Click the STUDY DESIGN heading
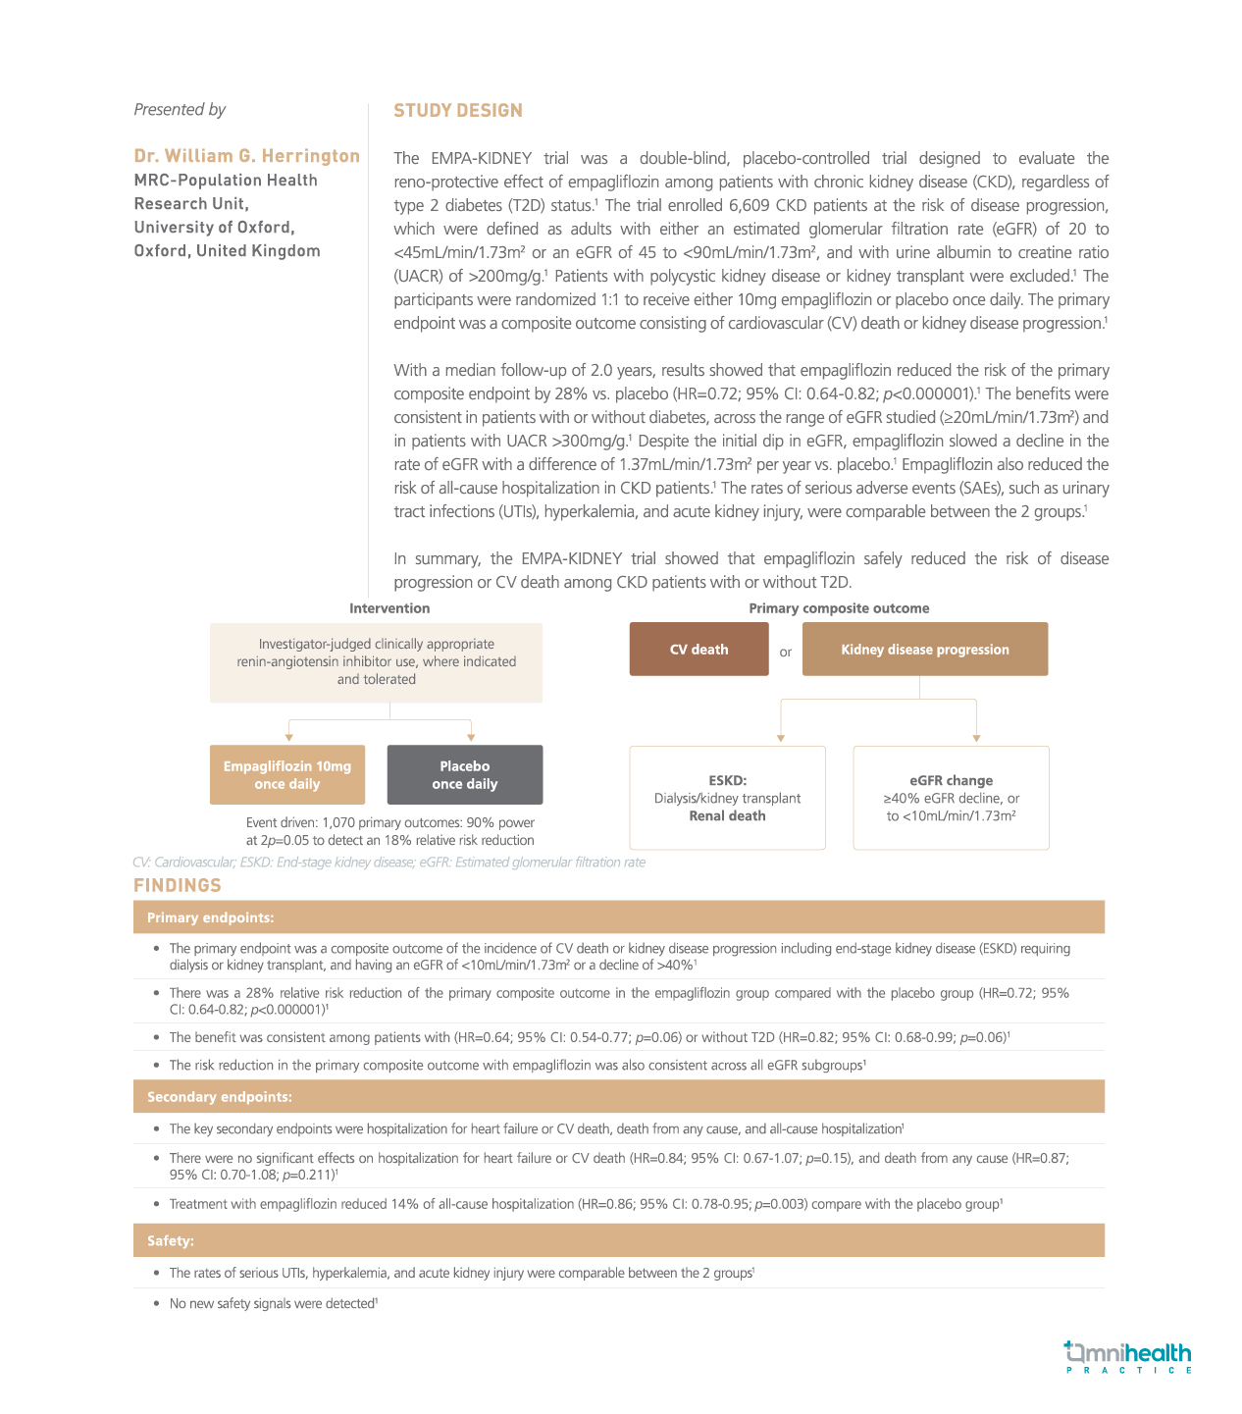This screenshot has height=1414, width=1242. point(458,111)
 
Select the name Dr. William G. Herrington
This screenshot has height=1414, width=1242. point(247,156)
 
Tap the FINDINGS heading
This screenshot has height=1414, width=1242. point(178,885)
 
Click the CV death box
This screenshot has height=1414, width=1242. point(699,650)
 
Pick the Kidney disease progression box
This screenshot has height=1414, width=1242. point(924,650)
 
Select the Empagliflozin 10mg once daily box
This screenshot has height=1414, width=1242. point(287,775)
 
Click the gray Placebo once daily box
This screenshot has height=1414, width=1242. point(465,775)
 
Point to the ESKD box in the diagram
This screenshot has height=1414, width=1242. point(727,798)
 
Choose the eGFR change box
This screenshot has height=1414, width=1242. point(951,798)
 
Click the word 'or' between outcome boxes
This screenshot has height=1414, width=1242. point(786,652)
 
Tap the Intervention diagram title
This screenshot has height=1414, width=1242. point(389,608)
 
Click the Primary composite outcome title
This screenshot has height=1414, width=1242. point(839,608)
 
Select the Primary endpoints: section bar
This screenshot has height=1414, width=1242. point(618,917)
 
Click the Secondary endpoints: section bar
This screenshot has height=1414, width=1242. point(618,1097)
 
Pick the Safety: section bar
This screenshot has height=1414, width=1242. point(618,1241)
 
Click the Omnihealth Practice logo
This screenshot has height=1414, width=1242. point(1128,1357)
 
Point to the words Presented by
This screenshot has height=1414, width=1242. point(180,110)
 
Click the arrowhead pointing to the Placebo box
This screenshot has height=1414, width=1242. point(471,737)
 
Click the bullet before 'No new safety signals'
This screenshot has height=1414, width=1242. point(157,1303)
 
